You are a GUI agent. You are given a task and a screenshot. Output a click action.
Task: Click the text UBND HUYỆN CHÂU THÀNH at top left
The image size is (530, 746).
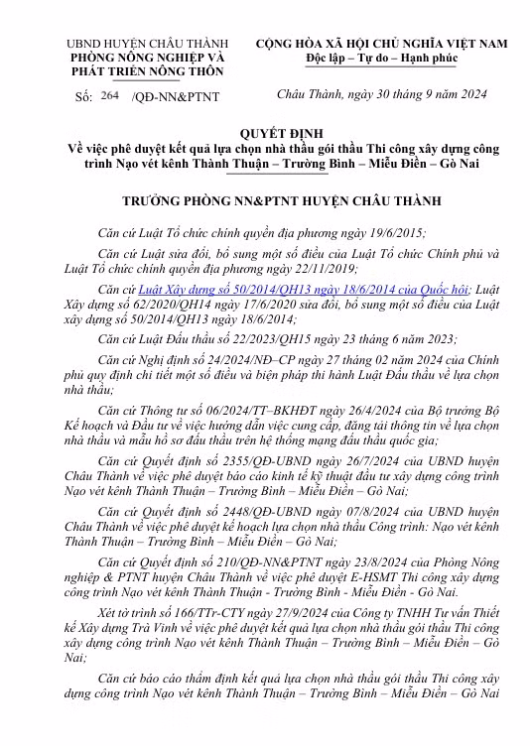[x=146, y=45]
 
